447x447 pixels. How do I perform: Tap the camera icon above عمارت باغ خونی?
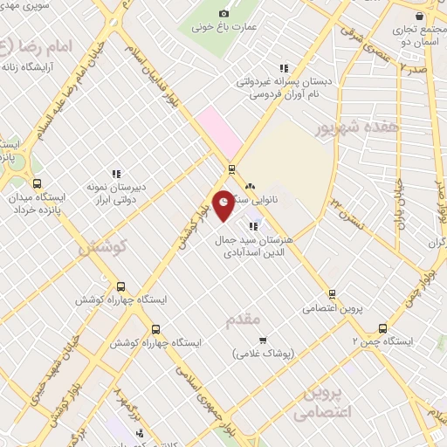point(224,13)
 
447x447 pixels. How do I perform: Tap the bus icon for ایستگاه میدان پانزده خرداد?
point(37,183)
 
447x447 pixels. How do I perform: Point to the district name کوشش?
point(103,247)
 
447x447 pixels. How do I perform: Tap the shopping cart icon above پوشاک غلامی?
point(263,340)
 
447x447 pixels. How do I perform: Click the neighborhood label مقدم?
point(244,320)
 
